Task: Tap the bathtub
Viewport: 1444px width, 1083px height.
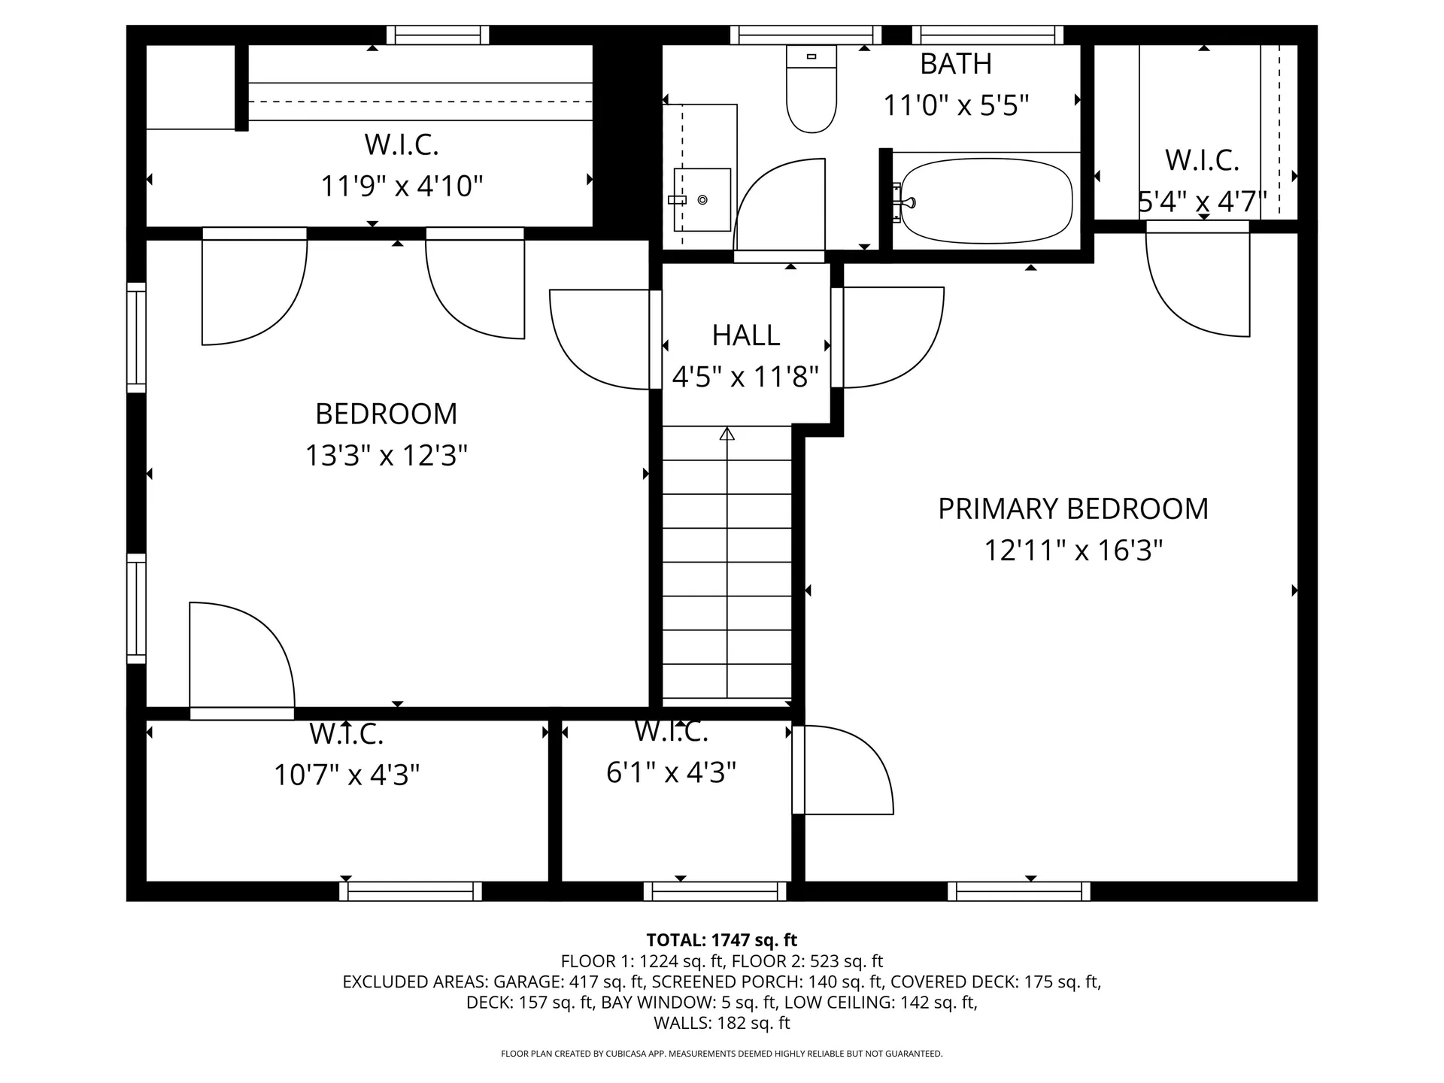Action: [x=986, y=201]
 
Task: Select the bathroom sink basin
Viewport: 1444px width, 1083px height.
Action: [x=702, y=199]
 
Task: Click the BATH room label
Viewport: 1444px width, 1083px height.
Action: [x=956, y=64]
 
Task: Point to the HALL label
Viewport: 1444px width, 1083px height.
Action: [x=745, y=335]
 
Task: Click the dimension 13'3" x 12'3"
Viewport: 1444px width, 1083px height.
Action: [x=386, y=456]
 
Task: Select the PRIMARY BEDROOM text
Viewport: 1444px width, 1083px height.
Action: [x=1072, y=509]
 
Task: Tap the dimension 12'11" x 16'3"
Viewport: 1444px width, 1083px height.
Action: [x=1073, y=551]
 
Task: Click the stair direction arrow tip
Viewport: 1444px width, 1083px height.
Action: [x=727, y=433]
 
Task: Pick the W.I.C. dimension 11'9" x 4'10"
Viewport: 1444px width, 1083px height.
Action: [x=402, y=186]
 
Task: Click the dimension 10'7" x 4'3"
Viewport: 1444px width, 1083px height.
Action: [x=347, y=774]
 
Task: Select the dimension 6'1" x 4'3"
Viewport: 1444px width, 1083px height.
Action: [x=671, y=772]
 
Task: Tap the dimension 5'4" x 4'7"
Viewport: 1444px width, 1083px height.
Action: [x=1201, y=202]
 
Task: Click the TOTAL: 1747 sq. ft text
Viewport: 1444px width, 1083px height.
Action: [x=721, y=940]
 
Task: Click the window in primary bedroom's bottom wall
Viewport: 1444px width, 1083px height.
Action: [x=1018, y=891]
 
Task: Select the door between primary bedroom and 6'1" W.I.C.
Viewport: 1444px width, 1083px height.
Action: [x=799, y=769]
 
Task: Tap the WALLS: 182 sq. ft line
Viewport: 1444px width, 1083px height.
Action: [x=721, y=1023]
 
